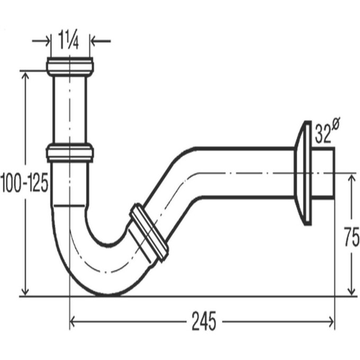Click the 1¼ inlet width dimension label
(68, 40)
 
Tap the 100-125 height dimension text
(24, 182)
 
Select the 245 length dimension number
(204, 321)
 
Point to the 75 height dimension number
(352, 237)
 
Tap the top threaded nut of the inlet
(70, 67)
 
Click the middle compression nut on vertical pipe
(70, 152)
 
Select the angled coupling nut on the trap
(149, 232)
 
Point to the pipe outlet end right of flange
(323, 173)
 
